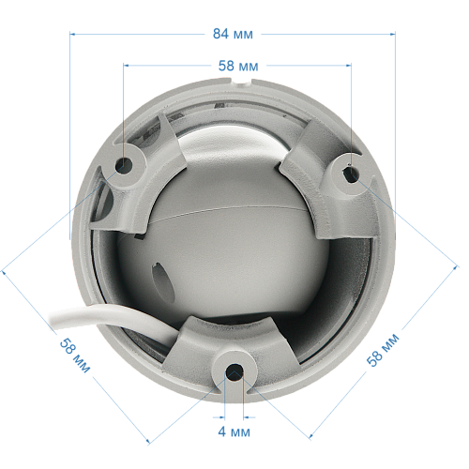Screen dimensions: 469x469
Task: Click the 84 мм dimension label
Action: coord(234,34)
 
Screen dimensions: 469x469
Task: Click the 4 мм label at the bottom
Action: coord(234,432)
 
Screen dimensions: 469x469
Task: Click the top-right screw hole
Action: coord(350,173)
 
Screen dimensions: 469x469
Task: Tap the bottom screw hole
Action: coord(234,373)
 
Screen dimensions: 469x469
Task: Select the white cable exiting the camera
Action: coord(94,315)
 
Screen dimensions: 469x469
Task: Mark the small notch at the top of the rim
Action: coord(246,84)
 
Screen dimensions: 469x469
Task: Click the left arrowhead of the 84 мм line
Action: coord(76,34)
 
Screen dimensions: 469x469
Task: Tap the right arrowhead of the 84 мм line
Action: coord(391,34)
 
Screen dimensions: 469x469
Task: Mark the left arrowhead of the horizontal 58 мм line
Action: coord(127,67)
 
